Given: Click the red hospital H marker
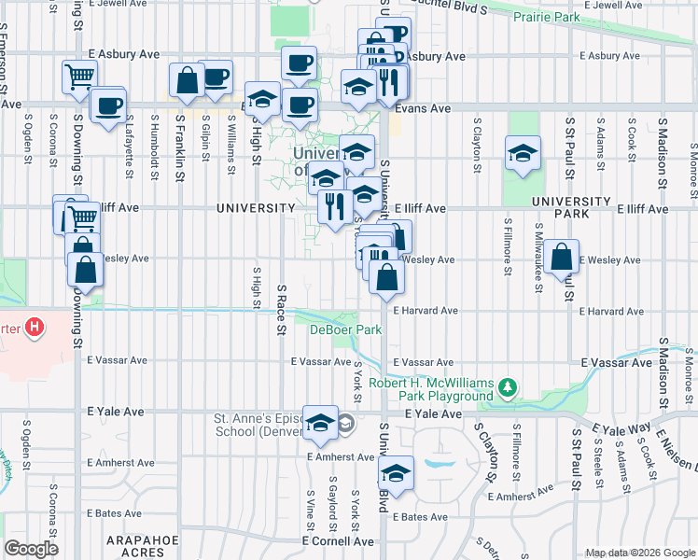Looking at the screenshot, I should click(x=35, y=328).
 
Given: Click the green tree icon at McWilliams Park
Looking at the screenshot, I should click(x=508, y=386).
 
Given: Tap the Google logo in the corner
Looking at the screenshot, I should click(x=31, y=549).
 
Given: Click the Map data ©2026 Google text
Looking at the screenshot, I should click(x=639, y=553).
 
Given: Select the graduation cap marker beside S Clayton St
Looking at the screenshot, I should click(x=523, y=154).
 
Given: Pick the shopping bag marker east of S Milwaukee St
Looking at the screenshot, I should click(x=561, y=258).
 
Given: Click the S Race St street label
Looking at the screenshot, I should click(x=281, y=311).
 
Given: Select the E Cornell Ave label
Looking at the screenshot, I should click(x=336, y=541).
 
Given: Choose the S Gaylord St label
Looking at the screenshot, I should click(x=332, y=501).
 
